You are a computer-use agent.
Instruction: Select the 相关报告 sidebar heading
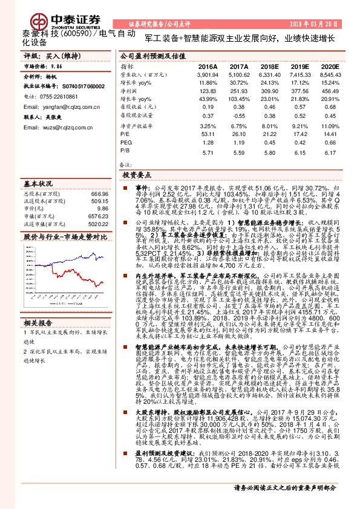click(x=39, y=323)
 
